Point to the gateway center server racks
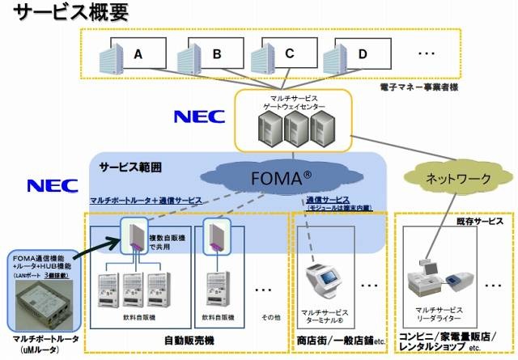(x=292, y=128)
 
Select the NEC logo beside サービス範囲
(x=53, y=185)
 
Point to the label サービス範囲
(x=130, y=167)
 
